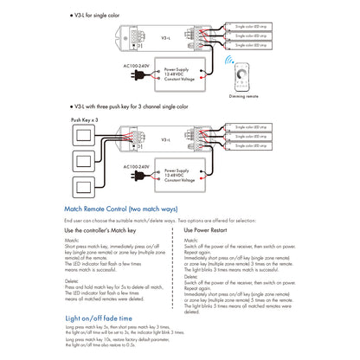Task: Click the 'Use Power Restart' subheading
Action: pos(213,230)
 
